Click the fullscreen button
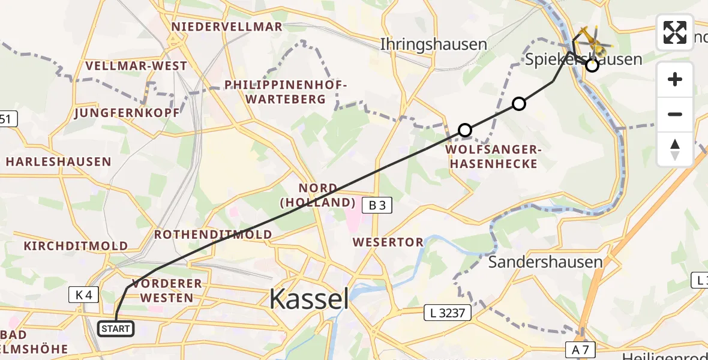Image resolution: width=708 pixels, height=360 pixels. pyautogui.click(x=675, y=32)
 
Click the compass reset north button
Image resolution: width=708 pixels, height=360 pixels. pyautogui.click(x=675, y=149)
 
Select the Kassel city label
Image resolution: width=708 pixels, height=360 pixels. pyautogui.click(x=309, y=298)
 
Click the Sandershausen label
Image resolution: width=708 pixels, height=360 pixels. pyautogui.click(x=545, y=262)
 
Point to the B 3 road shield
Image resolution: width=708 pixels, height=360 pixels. pyautogui.click(x=376, y=206)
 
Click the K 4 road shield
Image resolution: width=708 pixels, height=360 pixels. pyautogui.click(x=83, y=295)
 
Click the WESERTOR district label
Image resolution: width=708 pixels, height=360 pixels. pyautogui.click(x=389, y=242)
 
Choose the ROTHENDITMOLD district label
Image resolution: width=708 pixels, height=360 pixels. pyautogui.click(x=213, y=235)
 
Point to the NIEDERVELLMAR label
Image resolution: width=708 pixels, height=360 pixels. pyautogui.click(x=227, y=27)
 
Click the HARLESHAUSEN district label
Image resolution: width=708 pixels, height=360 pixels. pyautogui.click(x=58, y=162)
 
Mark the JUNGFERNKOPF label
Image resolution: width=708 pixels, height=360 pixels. pyautogui.click(x=127, y=113)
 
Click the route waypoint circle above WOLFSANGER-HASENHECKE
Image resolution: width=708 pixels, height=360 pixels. pyautogui.click(x=465, y=130)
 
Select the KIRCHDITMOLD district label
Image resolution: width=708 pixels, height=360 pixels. pyautogui.click(x=76, y=246)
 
